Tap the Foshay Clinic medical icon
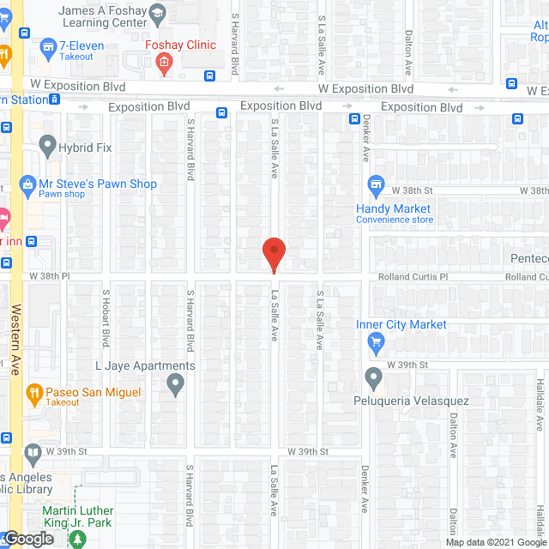pyautogui.click(x=164, y=62)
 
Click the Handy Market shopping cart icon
pyautogui.click(x=375, y=184)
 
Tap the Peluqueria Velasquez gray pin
pyautogui.click(x=373, y=377)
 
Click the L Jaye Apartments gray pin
pyautogui.click(x=175, y=385)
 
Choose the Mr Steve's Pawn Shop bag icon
pyautogui.click(x=28, y=184)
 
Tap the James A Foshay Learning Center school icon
pyautogui.click(x=157, y=13)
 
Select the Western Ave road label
pyautogui.click(x=15, y=339)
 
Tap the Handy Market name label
pyautogui.click(x=394, y=208)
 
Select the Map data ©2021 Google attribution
pyautogui.click(x=495, y=541)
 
